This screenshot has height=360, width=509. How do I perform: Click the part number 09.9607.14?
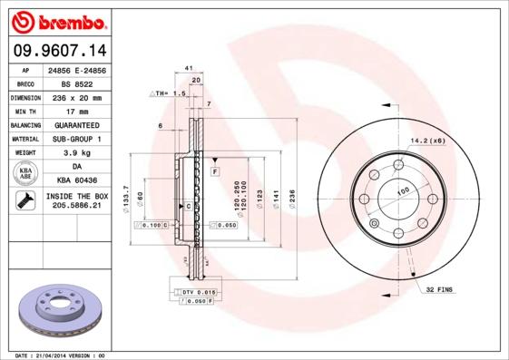(59, 51)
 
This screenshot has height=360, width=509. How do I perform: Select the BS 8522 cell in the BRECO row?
(77, 83)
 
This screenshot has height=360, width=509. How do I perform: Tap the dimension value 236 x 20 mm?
(77, 96)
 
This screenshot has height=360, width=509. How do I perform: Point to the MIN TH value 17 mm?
(77, 111)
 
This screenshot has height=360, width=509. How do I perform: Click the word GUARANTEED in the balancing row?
(77, 124)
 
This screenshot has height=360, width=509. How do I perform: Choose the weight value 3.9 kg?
(77, 153)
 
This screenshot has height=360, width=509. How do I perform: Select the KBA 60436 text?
(77, 181)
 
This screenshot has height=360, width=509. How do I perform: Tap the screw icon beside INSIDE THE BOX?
(25, 201)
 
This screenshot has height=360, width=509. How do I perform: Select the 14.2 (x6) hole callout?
(427, 141)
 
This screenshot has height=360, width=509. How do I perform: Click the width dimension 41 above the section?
(188, 69)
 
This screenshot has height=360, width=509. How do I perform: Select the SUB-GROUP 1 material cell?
(77, 139)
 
